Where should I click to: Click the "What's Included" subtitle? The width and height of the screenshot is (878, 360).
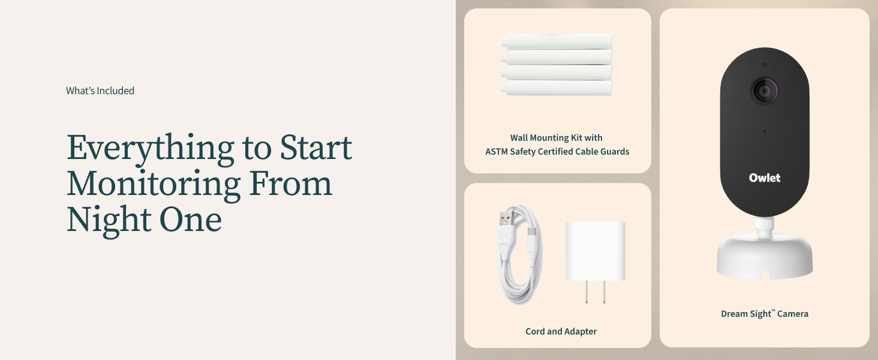pyautogui.click(x=100, y=91)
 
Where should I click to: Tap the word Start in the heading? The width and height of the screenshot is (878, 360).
pyautogui.click(x=316, y=148)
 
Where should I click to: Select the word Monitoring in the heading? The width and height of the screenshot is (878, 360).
pyautogui.click(x=154, y=185)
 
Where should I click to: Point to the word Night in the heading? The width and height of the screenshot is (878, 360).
pyautogui.click(x=109, y=221)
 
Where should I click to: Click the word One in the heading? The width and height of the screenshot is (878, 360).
pyautogui.click(x=191, y=220)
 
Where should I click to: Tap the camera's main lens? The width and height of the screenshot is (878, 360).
pyautogui.click(x=764, y=91)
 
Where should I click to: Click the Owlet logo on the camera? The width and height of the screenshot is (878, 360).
pyautogui.click(x=764, y=178)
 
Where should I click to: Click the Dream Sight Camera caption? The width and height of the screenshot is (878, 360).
pyautogui.click(x=764, y=314)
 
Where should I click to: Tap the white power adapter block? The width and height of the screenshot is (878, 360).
pyautogui.click(x=595, y=251)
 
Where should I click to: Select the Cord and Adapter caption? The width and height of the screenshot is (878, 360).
pyautogui.click(x=561, y=331)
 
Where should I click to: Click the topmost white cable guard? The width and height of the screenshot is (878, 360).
pyautogui.click(x=557, y=41)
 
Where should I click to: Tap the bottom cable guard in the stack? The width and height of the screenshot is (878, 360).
pyautogui.click(x=557, y=88)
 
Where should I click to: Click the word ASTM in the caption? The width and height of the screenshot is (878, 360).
pyautogui.click(x=496, y=152)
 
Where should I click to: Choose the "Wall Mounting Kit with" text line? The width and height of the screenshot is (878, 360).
pyautogui.click(x=556, y=137)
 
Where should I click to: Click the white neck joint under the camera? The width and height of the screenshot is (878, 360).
pyautogui.click(x=764, y=227)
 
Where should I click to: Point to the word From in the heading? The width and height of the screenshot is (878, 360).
pyautogui.click(x=290, y=183)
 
